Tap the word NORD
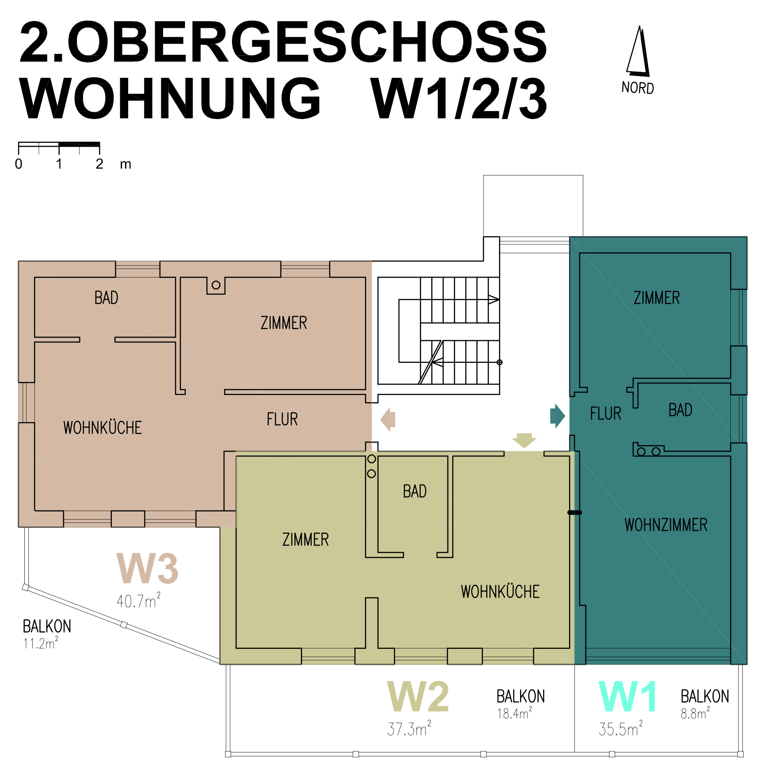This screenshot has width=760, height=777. coord(638,88)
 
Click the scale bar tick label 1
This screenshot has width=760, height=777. coord(59,164)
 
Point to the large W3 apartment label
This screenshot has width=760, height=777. coord(148,568)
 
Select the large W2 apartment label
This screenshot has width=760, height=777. coord(418,697)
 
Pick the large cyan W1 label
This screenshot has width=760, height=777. coord(627,697)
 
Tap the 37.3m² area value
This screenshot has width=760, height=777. coord(409,728)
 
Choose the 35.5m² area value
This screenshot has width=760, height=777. coord(621,728)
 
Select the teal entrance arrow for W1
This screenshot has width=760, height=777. coord(558,416)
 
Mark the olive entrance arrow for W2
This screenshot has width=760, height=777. coord(524,441)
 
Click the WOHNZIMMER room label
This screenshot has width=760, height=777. coord(666,525)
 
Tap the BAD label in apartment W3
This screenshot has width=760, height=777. coord(106,298)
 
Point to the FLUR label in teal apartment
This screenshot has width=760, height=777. coord(606,414)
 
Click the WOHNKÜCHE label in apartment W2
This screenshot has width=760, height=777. coord(500,592)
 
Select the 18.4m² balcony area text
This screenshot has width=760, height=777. coord(515,713)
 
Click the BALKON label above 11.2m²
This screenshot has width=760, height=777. coord(47,626)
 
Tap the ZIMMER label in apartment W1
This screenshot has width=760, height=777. coord(657,298)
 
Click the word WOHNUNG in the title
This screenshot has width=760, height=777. coord(170,98)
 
